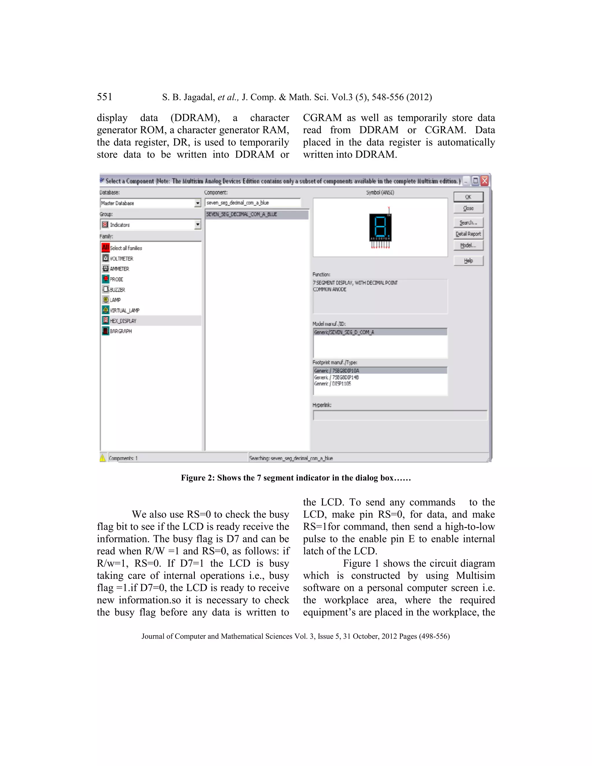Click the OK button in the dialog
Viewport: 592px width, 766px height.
(x=468, y=197)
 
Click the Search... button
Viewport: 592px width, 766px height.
(x=468, y=223)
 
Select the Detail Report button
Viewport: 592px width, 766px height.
(x=468, y=234)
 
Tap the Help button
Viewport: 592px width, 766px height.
(x=468, y=261)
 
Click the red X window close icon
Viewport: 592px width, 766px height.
(x=485, y=181)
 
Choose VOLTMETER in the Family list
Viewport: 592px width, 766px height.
(x=121, y=258)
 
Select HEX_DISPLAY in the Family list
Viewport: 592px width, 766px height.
(x=123, y=321)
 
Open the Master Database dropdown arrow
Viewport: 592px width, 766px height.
(x=198, y=203)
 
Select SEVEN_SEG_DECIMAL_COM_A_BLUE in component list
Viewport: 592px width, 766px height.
(x=242, y=214)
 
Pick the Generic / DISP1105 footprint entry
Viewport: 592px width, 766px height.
(x=332, y=384)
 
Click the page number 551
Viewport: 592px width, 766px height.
(x=105, y=97)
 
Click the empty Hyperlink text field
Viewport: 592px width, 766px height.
(x=399, y=416)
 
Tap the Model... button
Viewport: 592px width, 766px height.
(x=468, y=245)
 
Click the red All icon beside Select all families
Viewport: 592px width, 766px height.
(x=106, y=248)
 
